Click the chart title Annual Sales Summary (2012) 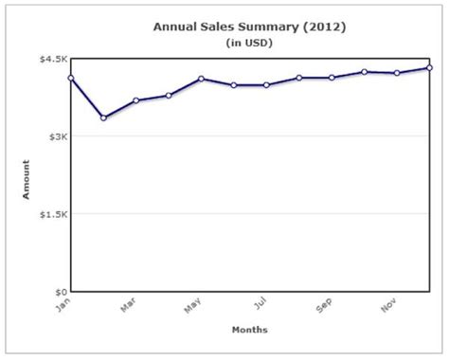pos(249,27)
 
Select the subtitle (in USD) pos(249,43)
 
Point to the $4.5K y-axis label pos(54,59)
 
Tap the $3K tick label pos(59,136)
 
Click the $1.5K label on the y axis pos(54,214)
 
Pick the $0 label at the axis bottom pos(62,292)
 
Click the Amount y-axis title pos(26,179)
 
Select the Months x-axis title pos(250,330)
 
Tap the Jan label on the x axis pos(63,305)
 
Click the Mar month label pos(128,305)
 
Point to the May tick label pos(192,305)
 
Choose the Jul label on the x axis pos(260,303)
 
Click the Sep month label pos(324,305)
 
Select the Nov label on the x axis pos(388,305)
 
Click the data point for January pos(71,78)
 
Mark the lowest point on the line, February pos(103,117)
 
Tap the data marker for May pos(201,79)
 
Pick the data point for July pos(266,85)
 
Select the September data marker pos(332,78)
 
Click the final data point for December pos(429,67)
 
